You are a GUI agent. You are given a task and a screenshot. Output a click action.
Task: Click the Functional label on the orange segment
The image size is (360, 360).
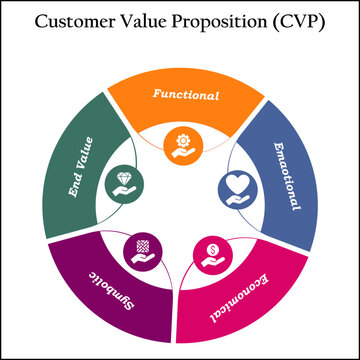[185, 95]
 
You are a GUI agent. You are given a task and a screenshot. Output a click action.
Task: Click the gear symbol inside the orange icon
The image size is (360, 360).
[181, 139]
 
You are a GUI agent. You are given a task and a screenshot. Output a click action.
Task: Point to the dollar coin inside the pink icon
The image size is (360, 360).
[215, 246]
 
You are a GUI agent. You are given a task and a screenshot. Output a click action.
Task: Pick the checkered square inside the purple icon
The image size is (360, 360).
[141, 245]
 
